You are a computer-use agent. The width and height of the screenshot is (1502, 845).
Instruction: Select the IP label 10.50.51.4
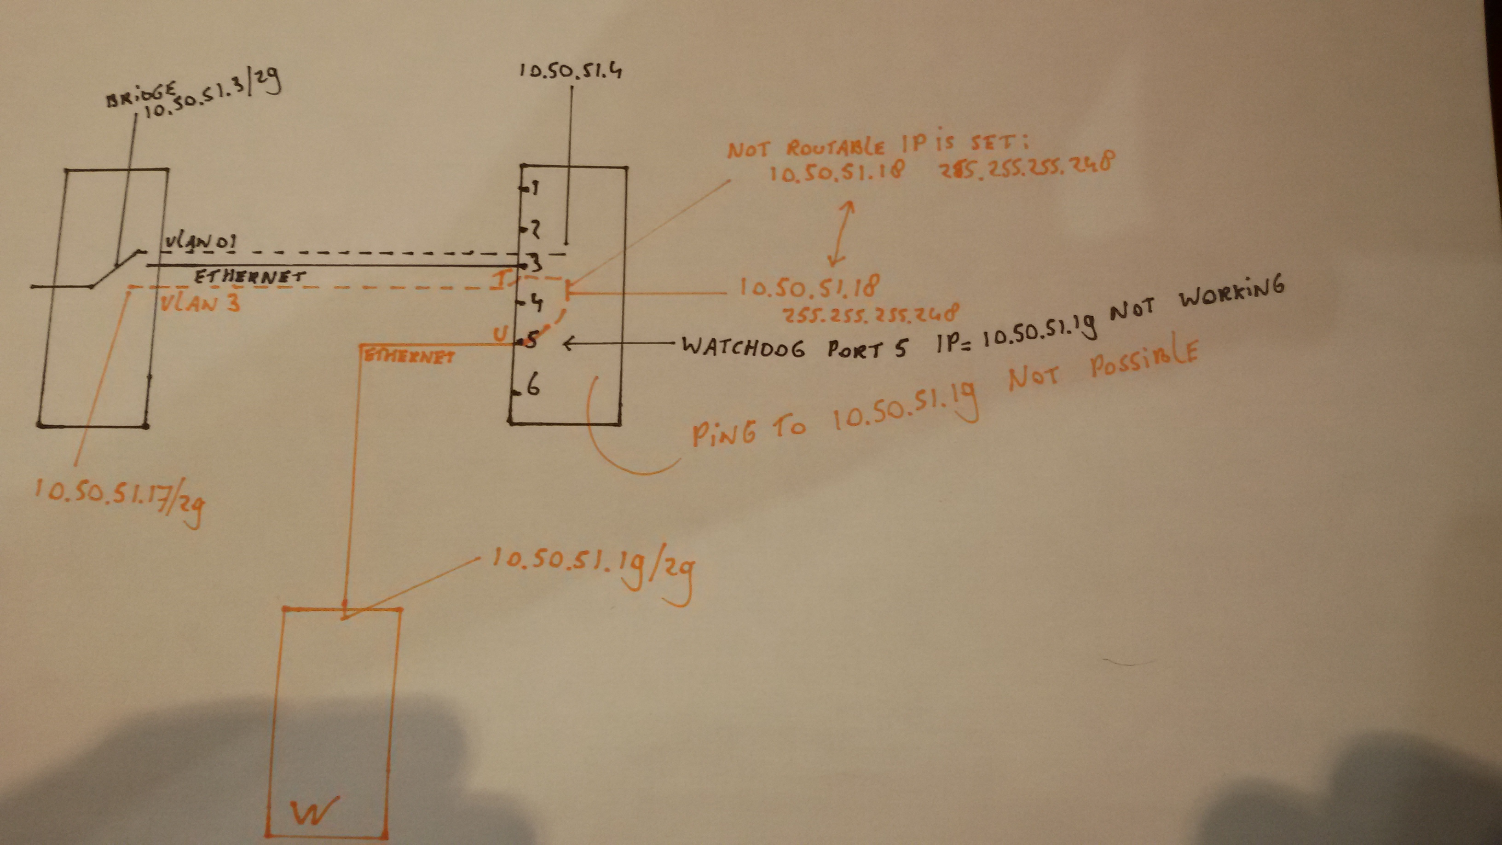570,71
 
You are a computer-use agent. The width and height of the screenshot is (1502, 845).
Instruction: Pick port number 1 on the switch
533,188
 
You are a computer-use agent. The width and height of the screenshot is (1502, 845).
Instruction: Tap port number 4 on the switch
535,303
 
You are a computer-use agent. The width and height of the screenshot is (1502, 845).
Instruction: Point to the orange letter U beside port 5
500,334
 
